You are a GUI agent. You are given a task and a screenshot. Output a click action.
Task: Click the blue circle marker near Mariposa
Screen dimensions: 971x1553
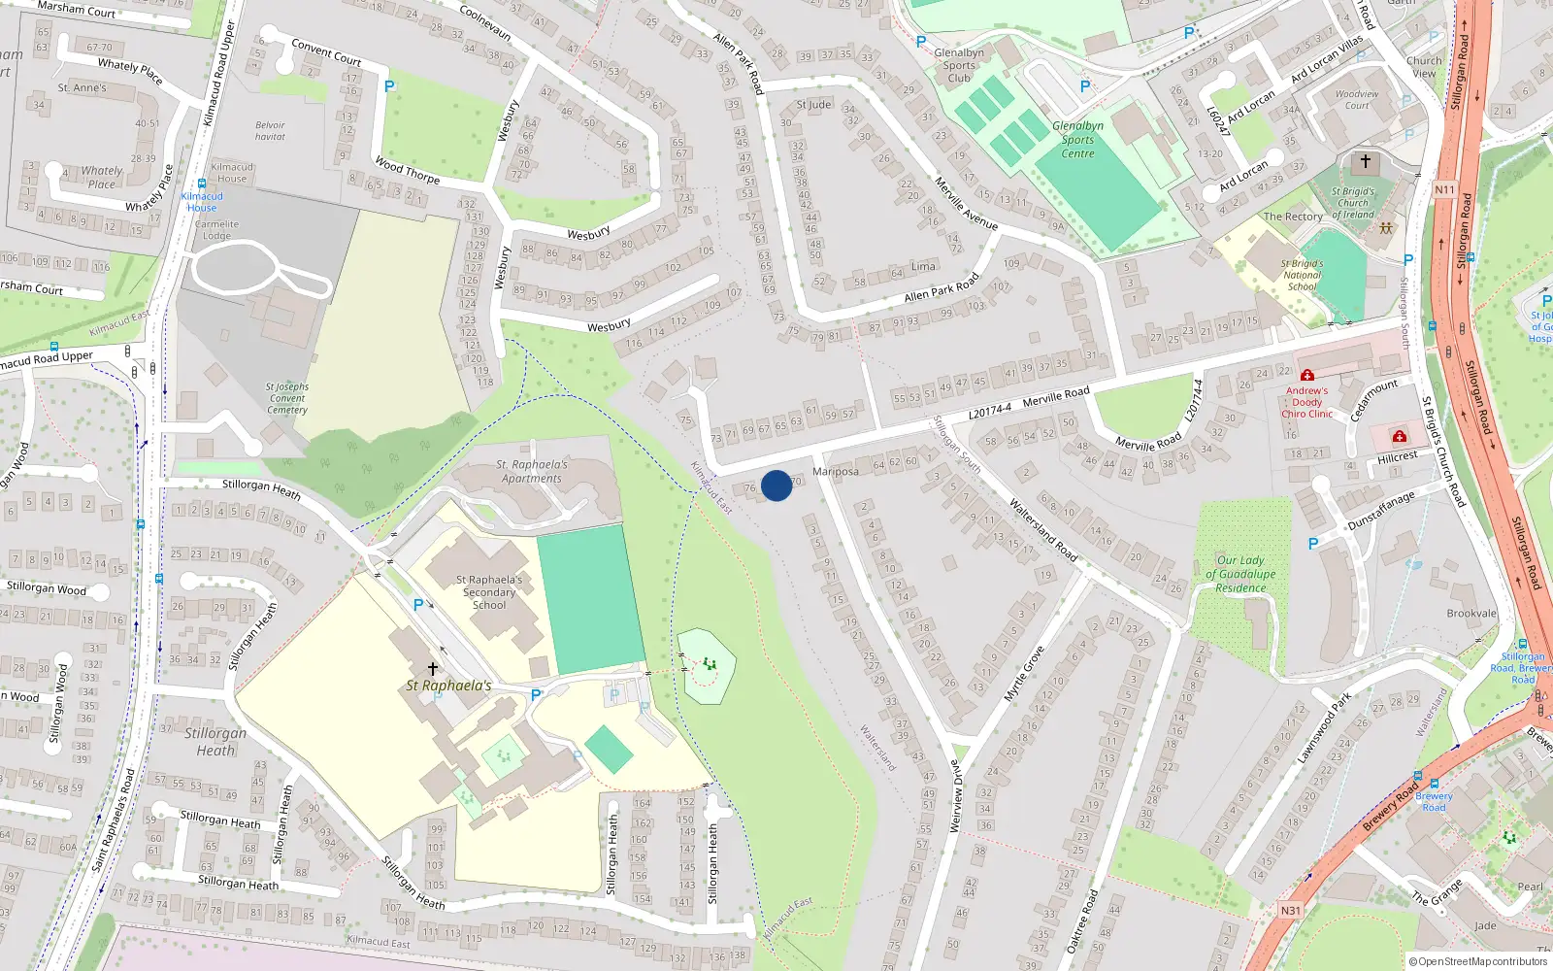776,485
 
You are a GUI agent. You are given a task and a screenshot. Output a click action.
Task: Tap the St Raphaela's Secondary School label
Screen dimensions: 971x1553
489,592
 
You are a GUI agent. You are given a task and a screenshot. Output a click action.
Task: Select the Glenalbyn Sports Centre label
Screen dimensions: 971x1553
1077,140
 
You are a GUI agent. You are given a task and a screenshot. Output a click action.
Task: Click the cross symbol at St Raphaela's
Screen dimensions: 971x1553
433,668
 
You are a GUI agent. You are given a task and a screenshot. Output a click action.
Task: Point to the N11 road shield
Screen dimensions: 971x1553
1444,190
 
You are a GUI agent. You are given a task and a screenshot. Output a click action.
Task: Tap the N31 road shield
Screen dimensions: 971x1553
1290,911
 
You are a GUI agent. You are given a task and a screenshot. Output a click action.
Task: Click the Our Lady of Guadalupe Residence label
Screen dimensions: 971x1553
1240,574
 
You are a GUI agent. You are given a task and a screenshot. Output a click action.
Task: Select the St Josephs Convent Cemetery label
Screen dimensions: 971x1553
287,398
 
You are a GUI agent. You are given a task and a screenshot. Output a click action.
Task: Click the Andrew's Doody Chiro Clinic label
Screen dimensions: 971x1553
1307,402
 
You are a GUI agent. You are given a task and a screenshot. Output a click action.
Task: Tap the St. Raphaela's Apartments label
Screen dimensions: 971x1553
532,471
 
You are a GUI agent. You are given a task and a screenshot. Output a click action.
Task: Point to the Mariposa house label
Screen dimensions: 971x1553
836,472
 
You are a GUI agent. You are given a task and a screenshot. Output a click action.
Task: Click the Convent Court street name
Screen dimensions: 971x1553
326,51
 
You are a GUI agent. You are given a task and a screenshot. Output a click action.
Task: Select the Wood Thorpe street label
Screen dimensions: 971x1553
408,171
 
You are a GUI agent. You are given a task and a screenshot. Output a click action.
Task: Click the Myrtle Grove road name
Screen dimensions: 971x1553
1024,674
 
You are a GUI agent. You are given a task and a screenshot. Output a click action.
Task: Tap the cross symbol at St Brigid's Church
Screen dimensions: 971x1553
1366,161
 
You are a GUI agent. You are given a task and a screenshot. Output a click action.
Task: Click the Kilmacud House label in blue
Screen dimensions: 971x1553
202,202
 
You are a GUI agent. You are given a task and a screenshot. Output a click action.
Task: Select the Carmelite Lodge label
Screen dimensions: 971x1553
216,229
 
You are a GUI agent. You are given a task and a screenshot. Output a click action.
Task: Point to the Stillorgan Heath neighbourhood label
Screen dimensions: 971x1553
215,742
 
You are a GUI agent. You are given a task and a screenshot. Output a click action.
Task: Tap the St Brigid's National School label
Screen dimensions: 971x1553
1302,275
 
